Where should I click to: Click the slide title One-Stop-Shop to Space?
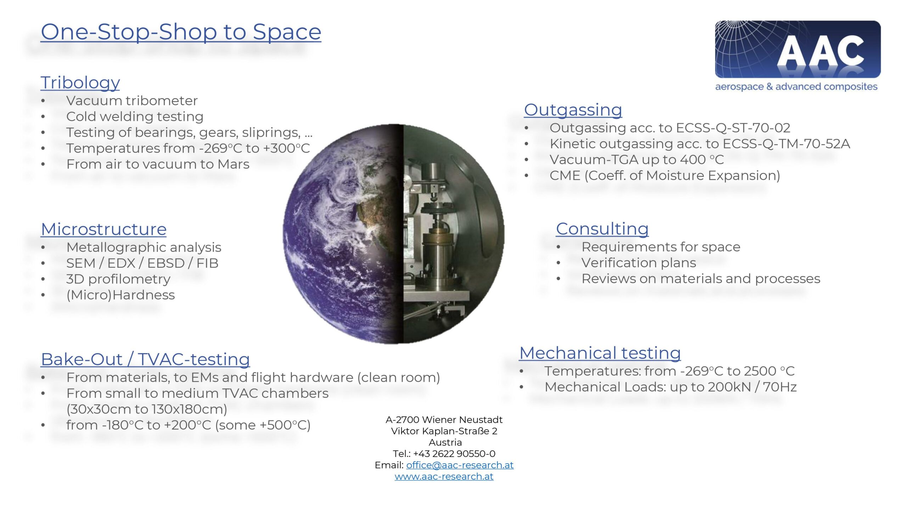click(x=181, y=32)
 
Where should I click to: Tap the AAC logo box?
click(x=798, y=49)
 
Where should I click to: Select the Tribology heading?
click(x=80, y=83)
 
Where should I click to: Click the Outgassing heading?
click(x=573, y=110)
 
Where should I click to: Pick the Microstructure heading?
click(x=104, y=229)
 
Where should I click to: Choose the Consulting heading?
click(x=602, y=229)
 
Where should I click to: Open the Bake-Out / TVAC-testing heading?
click(x=146, y=359)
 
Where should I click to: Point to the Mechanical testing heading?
click(x=600, y=353)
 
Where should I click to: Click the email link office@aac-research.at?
click(x=460, y=465)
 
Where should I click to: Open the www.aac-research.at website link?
click(x=444, y=476)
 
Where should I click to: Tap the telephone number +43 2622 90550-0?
click(x=454, y=454)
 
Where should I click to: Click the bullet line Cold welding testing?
click(x=135, y=117)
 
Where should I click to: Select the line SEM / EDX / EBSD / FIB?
click(x=142, y=263)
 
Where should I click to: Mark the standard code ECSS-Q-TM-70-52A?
click(x=786, y=144)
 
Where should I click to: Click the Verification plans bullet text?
click(x=639, y=263)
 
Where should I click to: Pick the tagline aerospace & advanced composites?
click(x=796, y=87)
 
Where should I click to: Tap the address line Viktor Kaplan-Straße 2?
click(x=444, y=431)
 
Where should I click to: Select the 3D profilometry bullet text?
click(x=118, y=279)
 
